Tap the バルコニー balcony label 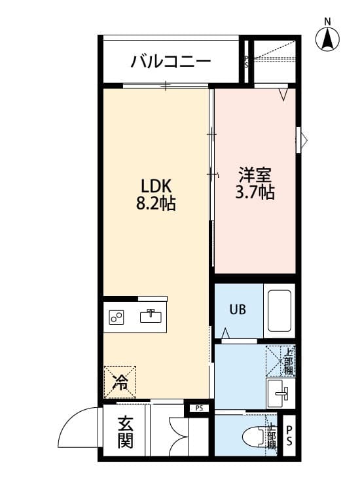click(x=170, y=63)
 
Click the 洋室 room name click(x=255, y=175)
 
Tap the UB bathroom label click(x=237, y=310)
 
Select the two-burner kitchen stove click(x=118, y=318)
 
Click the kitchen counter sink click(x=151, y=316)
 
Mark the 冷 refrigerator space click(x=119, y=382)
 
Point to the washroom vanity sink click(x=280, y=393)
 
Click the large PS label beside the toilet click(x=289, y=434)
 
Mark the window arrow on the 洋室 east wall click(x=302, y=139)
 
